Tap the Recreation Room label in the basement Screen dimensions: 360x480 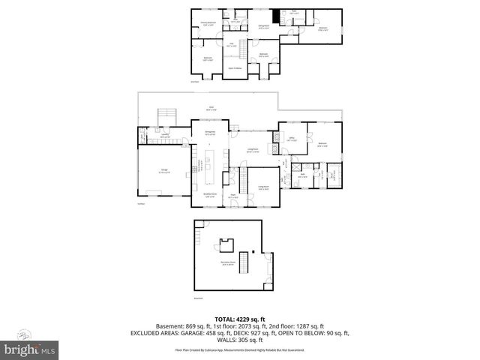click(x=228, y=264)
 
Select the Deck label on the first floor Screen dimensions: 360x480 click(x=212, y=108)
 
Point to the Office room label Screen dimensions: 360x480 click(x=292, y=140)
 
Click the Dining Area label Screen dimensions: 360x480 click(x=211, y=133)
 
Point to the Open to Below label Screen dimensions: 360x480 click(x=235, y=68)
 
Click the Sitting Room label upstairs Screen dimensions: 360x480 click(x=264, y=26)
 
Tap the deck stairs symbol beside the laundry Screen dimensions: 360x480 click(x=166, y=118)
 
